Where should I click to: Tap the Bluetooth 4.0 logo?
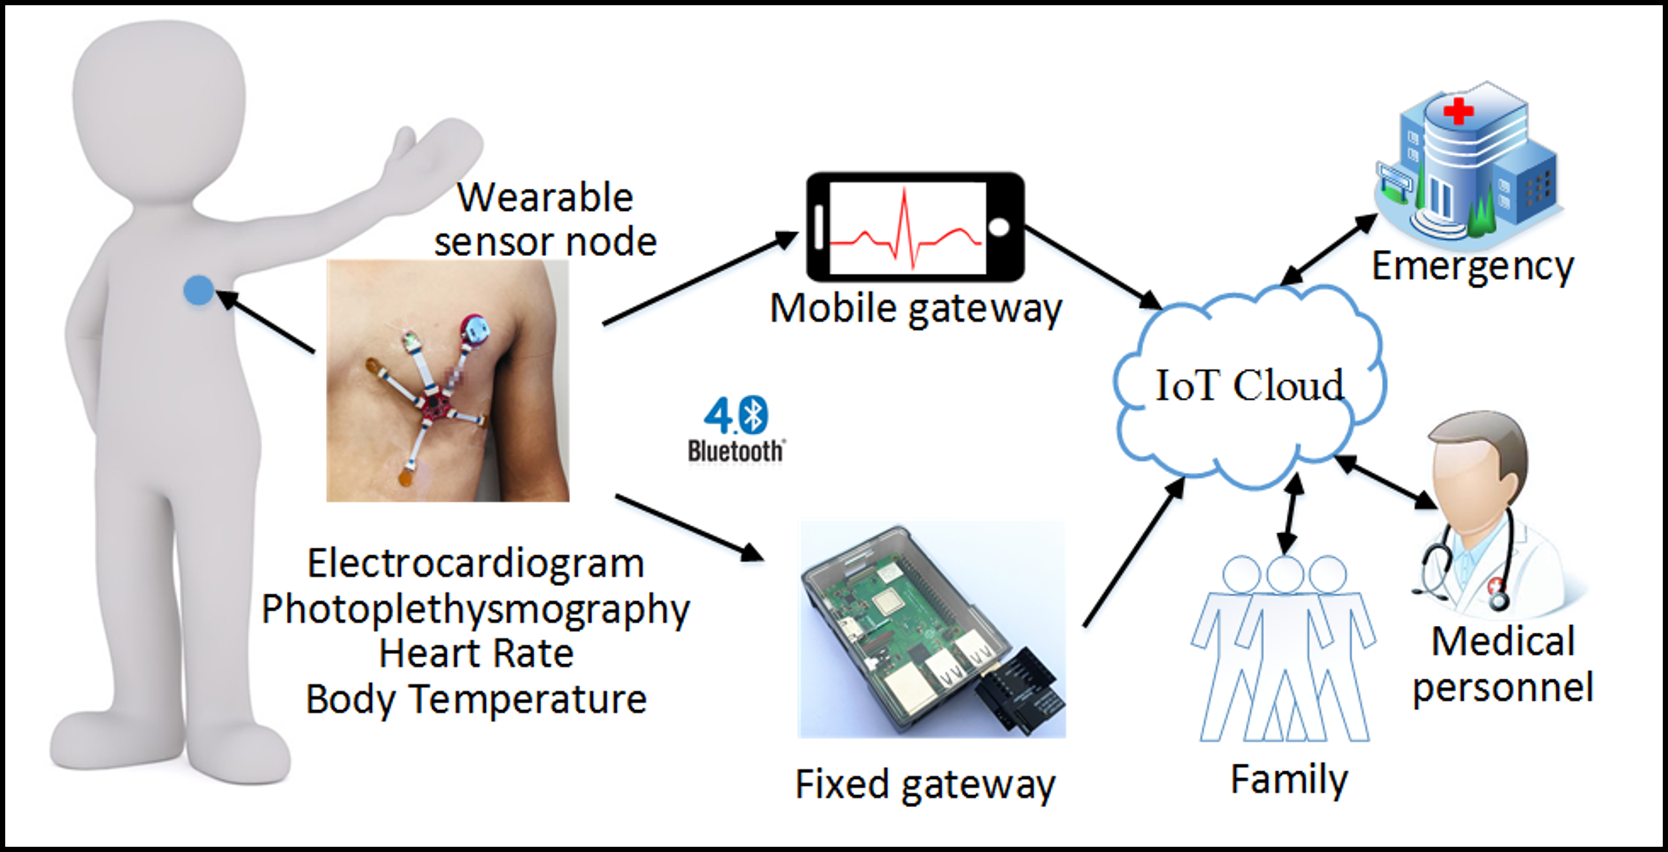coord(736,431)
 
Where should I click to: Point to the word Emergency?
coord(1472,266)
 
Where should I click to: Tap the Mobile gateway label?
coord(916,308)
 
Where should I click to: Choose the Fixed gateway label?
coord(924,785)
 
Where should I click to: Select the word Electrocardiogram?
coord(476,563)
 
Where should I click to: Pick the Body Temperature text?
coord(476,699)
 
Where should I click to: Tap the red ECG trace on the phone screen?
coord(907,233)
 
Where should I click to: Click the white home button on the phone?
coord(998,227)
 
